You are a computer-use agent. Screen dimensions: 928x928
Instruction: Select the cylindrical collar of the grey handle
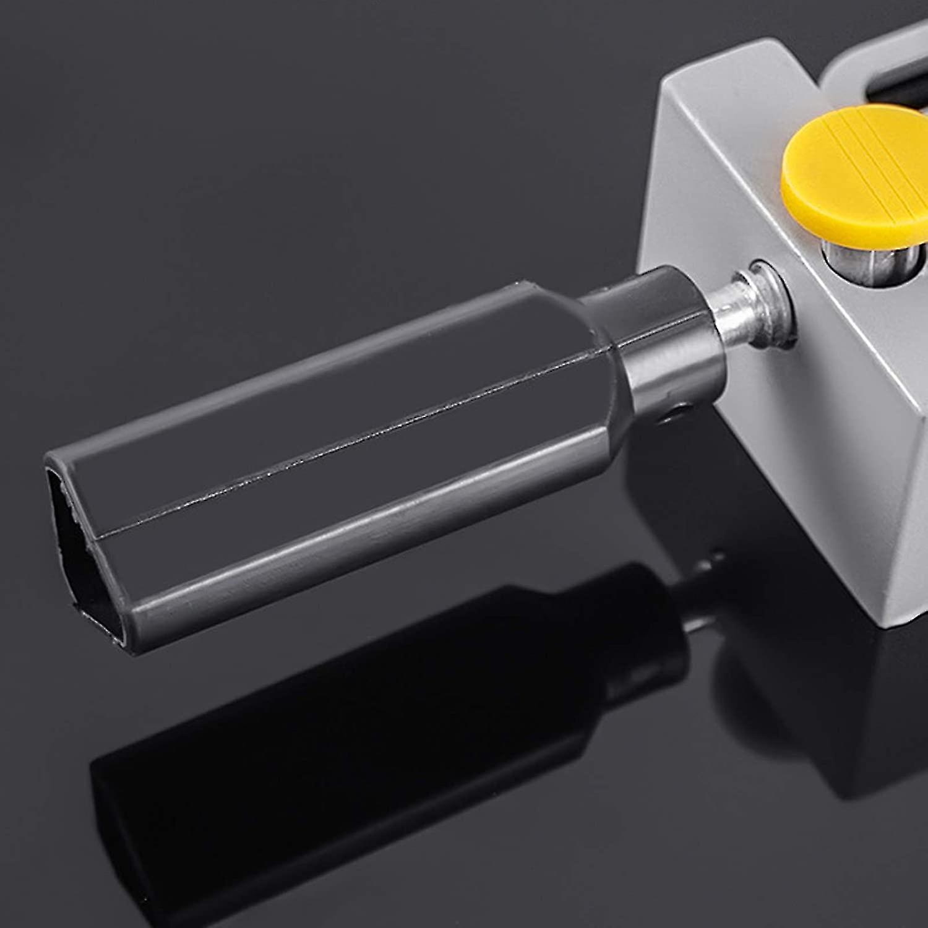tap(668, 346)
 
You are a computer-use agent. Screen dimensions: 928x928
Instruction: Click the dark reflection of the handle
tap(371, 742)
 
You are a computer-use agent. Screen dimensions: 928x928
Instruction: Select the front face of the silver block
tap(773, 433)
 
